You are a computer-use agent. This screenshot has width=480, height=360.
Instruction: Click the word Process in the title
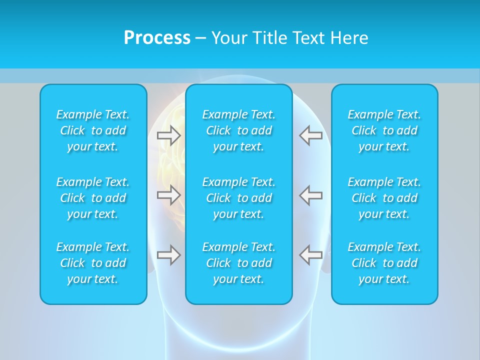[x=157, y=38]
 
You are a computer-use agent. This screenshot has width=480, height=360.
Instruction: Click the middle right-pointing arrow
[x=169, y=194]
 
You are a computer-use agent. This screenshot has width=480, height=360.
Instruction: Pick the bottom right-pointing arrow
[x=169, y=255]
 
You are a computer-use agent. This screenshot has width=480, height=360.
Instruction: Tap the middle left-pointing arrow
[x=310, y=194]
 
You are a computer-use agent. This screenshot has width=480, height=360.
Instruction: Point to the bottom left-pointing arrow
[x=310, y=255]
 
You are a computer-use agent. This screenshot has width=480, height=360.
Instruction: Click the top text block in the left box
[x=93, y=130]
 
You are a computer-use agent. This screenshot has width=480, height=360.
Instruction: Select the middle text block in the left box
[x=93, y=198]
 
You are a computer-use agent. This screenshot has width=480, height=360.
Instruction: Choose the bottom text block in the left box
[x=93, y=263]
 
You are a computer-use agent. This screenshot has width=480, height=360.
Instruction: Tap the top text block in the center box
[x=238, y=130]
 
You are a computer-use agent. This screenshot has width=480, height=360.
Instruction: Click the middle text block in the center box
[x=238, y=198]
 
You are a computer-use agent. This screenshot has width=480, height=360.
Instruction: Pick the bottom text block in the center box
[x=238, y=263]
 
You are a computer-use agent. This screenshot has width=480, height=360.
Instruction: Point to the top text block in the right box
[x=384, y=130]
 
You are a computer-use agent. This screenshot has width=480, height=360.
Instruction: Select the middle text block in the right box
[x=384, y=198]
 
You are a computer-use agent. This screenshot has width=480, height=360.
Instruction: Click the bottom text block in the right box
[x=384, y=263]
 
